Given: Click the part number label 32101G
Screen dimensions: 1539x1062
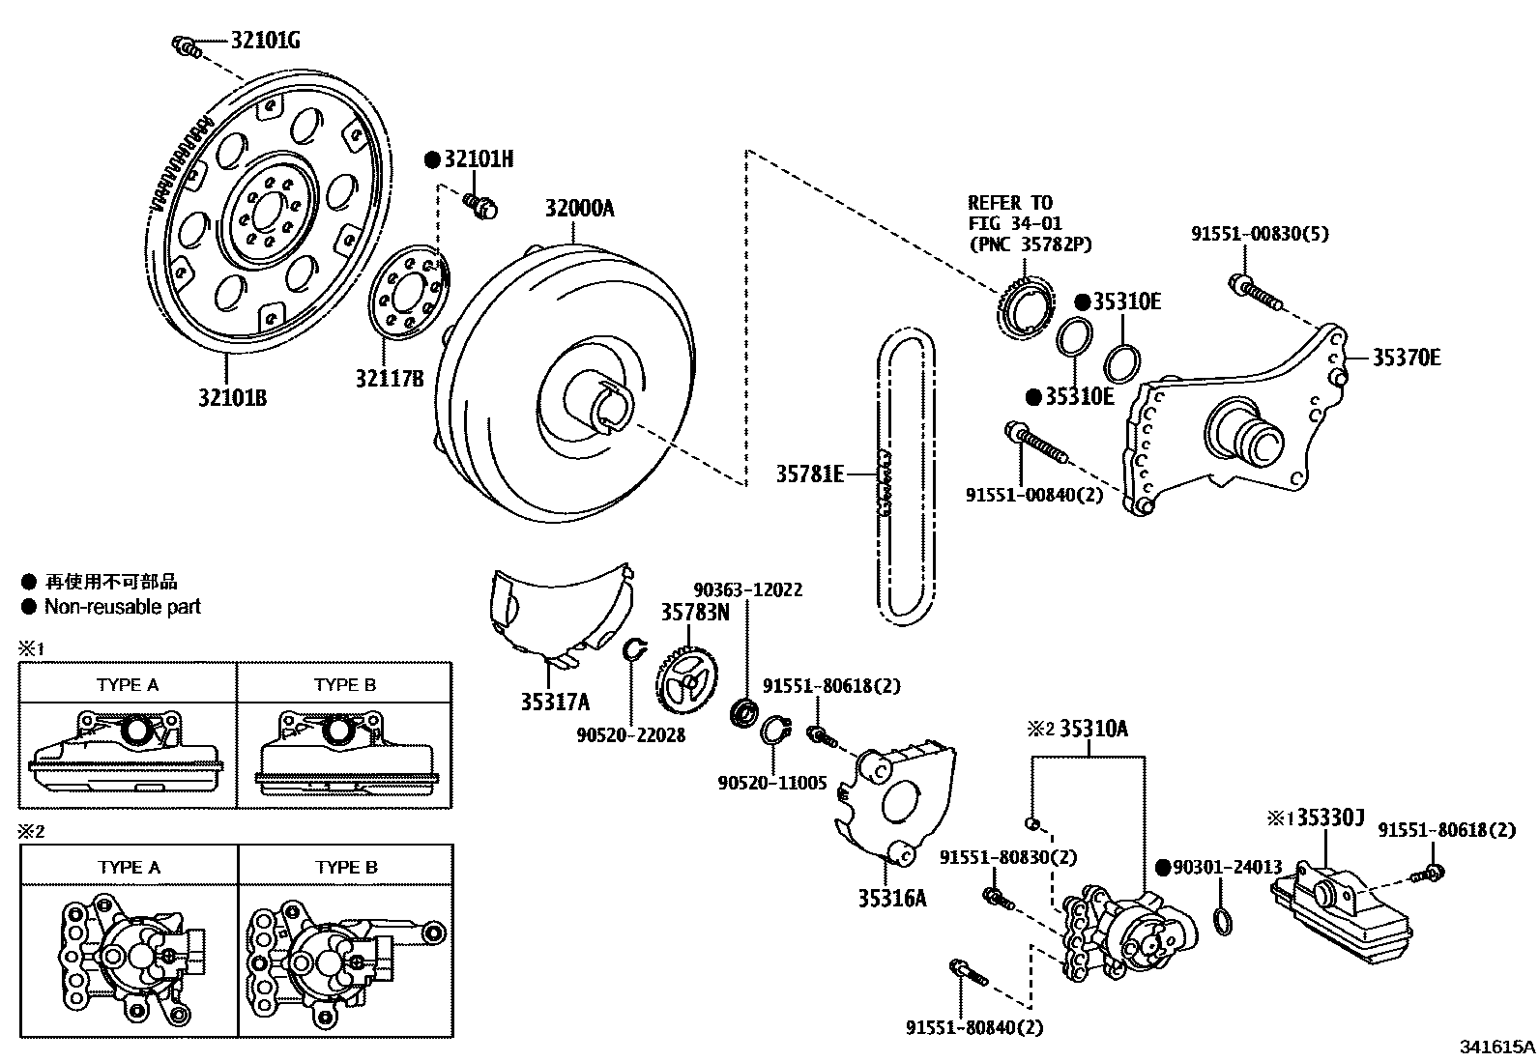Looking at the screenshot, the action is (265, 41).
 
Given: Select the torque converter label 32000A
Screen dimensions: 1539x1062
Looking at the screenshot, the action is (580, 208).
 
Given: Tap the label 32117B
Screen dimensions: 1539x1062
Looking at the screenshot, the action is (390, 378).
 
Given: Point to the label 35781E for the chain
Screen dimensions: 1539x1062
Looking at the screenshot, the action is (810, 474).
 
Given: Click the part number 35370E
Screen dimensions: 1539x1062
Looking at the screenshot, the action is (1407, 358).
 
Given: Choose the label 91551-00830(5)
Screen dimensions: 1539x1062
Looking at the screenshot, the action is (1260, 234).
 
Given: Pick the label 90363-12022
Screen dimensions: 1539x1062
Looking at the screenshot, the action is (747, 589).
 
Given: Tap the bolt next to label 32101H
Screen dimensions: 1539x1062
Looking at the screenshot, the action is (481, 206).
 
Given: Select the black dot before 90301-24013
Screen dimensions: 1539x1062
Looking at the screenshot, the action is (1163, 868).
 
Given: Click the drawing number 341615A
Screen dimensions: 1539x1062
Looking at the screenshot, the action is (1497, 1047).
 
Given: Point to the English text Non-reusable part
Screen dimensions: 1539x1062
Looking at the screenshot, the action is (123, 607).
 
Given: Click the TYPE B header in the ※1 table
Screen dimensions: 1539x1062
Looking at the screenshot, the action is (345, 685).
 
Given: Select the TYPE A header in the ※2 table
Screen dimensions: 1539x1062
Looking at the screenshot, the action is (130, 867).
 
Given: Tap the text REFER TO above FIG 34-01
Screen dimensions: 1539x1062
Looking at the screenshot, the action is (1010, 203).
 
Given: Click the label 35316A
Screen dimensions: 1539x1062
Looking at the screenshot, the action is (892, 898).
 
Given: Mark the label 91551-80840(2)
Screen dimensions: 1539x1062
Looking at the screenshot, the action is (974, 1027).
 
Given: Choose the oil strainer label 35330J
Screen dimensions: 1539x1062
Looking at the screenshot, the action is (1331, 818).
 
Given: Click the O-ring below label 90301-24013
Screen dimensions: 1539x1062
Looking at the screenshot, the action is (1223, 921).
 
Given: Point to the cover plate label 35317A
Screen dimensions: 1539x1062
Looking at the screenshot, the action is (555, 703).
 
